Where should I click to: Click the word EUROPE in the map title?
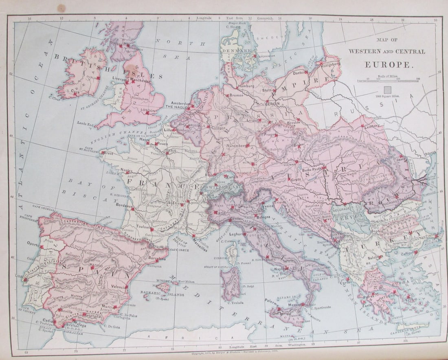click(x=389, y=64)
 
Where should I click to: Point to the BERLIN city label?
click(x=272, y=104)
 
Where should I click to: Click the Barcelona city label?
click(x=157, y=258)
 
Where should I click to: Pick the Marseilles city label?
click(x=198, y=250)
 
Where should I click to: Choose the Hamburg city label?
click(x=246, y=86)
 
